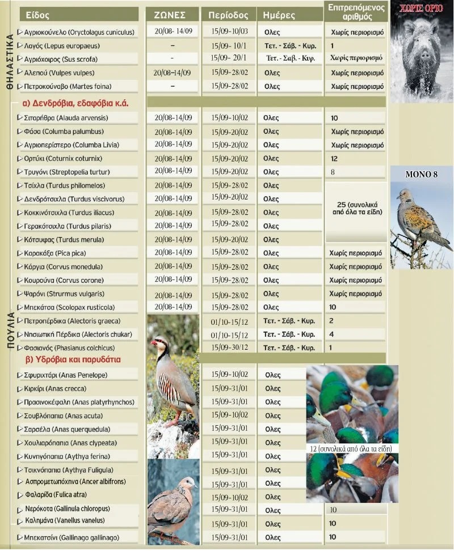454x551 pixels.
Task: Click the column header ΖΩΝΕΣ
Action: click(x=173, y=14)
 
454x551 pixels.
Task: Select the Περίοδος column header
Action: click(x=228, y=14)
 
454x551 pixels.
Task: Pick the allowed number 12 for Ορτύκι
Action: click(x=334, y=159)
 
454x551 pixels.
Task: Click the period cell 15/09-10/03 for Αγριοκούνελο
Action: click(x=229, y=32)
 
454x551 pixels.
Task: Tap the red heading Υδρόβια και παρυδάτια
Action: click(x=74, y=359)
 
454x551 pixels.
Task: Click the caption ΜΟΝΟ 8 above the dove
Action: click(x=421, y=174)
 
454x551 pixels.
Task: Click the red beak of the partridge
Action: click(x=154, y=342)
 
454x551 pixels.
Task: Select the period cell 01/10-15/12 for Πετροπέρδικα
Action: click(x=229, y=321)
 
